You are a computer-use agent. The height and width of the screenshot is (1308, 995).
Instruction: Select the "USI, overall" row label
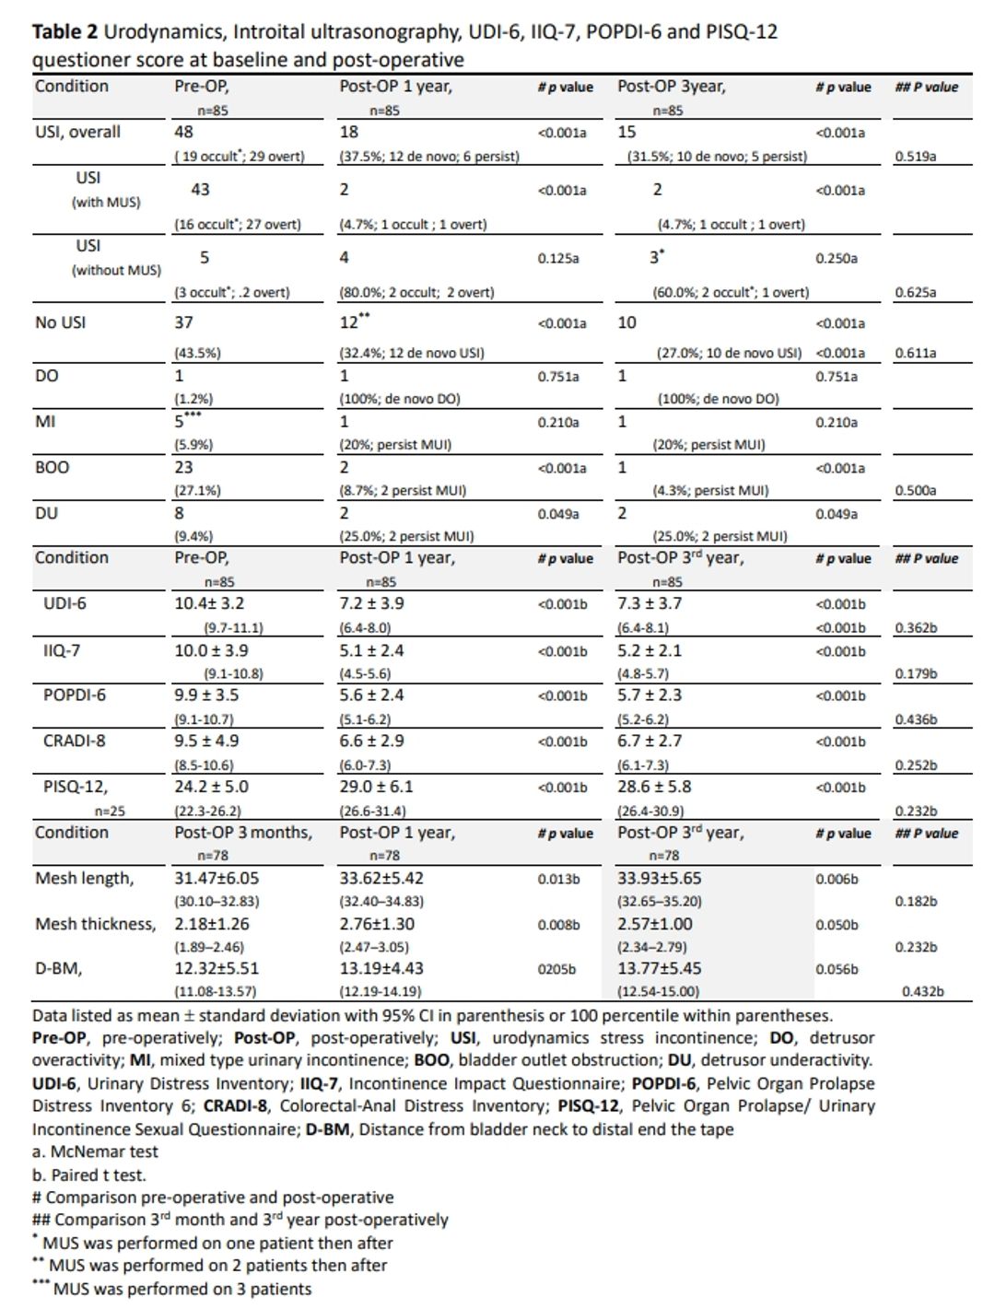click(x=77, y=132)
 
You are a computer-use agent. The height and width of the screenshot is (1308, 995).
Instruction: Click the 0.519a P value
click(x=915, y=156)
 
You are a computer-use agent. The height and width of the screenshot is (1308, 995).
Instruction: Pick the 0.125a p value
click(x=558, y=258)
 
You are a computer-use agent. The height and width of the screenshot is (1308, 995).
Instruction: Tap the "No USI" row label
click(x=60, y=322)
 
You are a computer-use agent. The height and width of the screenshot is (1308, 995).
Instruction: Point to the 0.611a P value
click(x=915, y=352)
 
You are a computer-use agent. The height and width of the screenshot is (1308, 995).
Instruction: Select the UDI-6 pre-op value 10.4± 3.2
click(x=209, y=603)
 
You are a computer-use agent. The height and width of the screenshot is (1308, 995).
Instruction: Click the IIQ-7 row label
click(x=62, y=650)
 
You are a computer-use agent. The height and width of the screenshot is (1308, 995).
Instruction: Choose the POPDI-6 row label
click(x=74, y=695)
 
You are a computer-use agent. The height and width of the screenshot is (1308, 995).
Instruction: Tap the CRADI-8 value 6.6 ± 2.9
click(x=371, y=741)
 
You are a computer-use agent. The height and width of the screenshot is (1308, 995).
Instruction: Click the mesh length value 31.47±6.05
click(x=217, y=878)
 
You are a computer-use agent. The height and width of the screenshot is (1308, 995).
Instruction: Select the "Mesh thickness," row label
click(x=95, y=923)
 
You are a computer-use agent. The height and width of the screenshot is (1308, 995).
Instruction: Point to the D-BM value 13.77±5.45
click(x=659, y=968)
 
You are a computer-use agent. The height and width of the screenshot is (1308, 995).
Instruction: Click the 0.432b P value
click(x=922, y=991)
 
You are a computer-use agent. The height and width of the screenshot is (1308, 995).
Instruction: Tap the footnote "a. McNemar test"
click(x=95, y=1151)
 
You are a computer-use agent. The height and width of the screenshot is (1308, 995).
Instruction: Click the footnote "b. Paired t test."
click(x=88, y=1174)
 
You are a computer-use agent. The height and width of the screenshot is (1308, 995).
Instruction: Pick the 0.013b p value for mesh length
click(x=558, y=879)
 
